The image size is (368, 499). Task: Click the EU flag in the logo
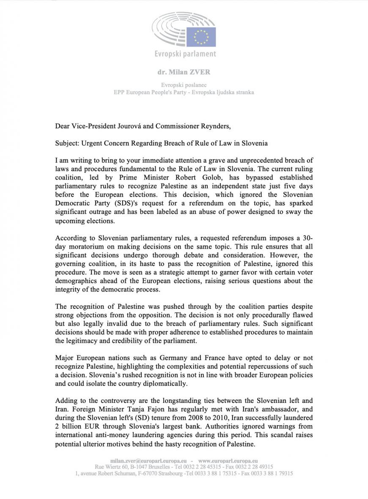[204, 36]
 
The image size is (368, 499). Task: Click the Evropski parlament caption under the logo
[185, 54]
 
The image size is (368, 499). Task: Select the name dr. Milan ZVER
[184, 72]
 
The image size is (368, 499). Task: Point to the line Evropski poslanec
[184, 85]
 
